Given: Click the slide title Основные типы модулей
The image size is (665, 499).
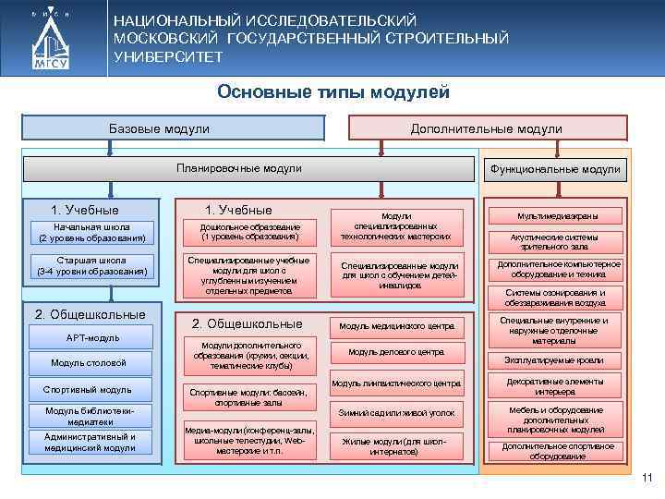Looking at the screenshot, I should [x=333, y=92].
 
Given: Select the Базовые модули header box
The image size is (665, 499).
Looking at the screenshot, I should [x=173, y=128].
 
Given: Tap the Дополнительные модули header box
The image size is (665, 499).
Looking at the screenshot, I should [x=487, y=128].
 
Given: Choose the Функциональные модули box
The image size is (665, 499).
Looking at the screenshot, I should [x=556, y=170].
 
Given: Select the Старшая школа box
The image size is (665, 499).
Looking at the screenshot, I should [x=92, y=266].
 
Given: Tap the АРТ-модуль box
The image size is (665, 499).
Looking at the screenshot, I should [x=92, y=337].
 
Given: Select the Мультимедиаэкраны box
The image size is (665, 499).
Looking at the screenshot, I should [x=557, y=215].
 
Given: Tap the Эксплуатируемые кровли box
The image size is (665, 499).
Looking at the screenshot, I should [x=555, y=359].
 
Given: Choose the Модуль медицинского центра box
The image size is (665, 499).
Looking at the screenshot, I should [x=397, y=326].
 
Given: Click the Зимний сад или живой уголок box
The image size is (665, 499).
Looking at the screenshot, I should [x=397, y=413].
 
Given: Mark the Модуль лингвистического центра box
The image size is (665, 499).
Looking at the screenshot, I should [x=397, y=383].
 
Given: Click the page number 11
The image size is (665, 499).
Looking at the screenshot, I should [x=647, y=478].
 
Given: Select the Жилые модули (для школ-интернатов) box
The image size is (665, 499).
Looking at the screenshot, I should [x=397, y=446].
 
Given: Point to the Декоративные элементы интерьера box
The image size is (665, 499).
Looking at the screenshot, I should [x=555, y=385].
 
